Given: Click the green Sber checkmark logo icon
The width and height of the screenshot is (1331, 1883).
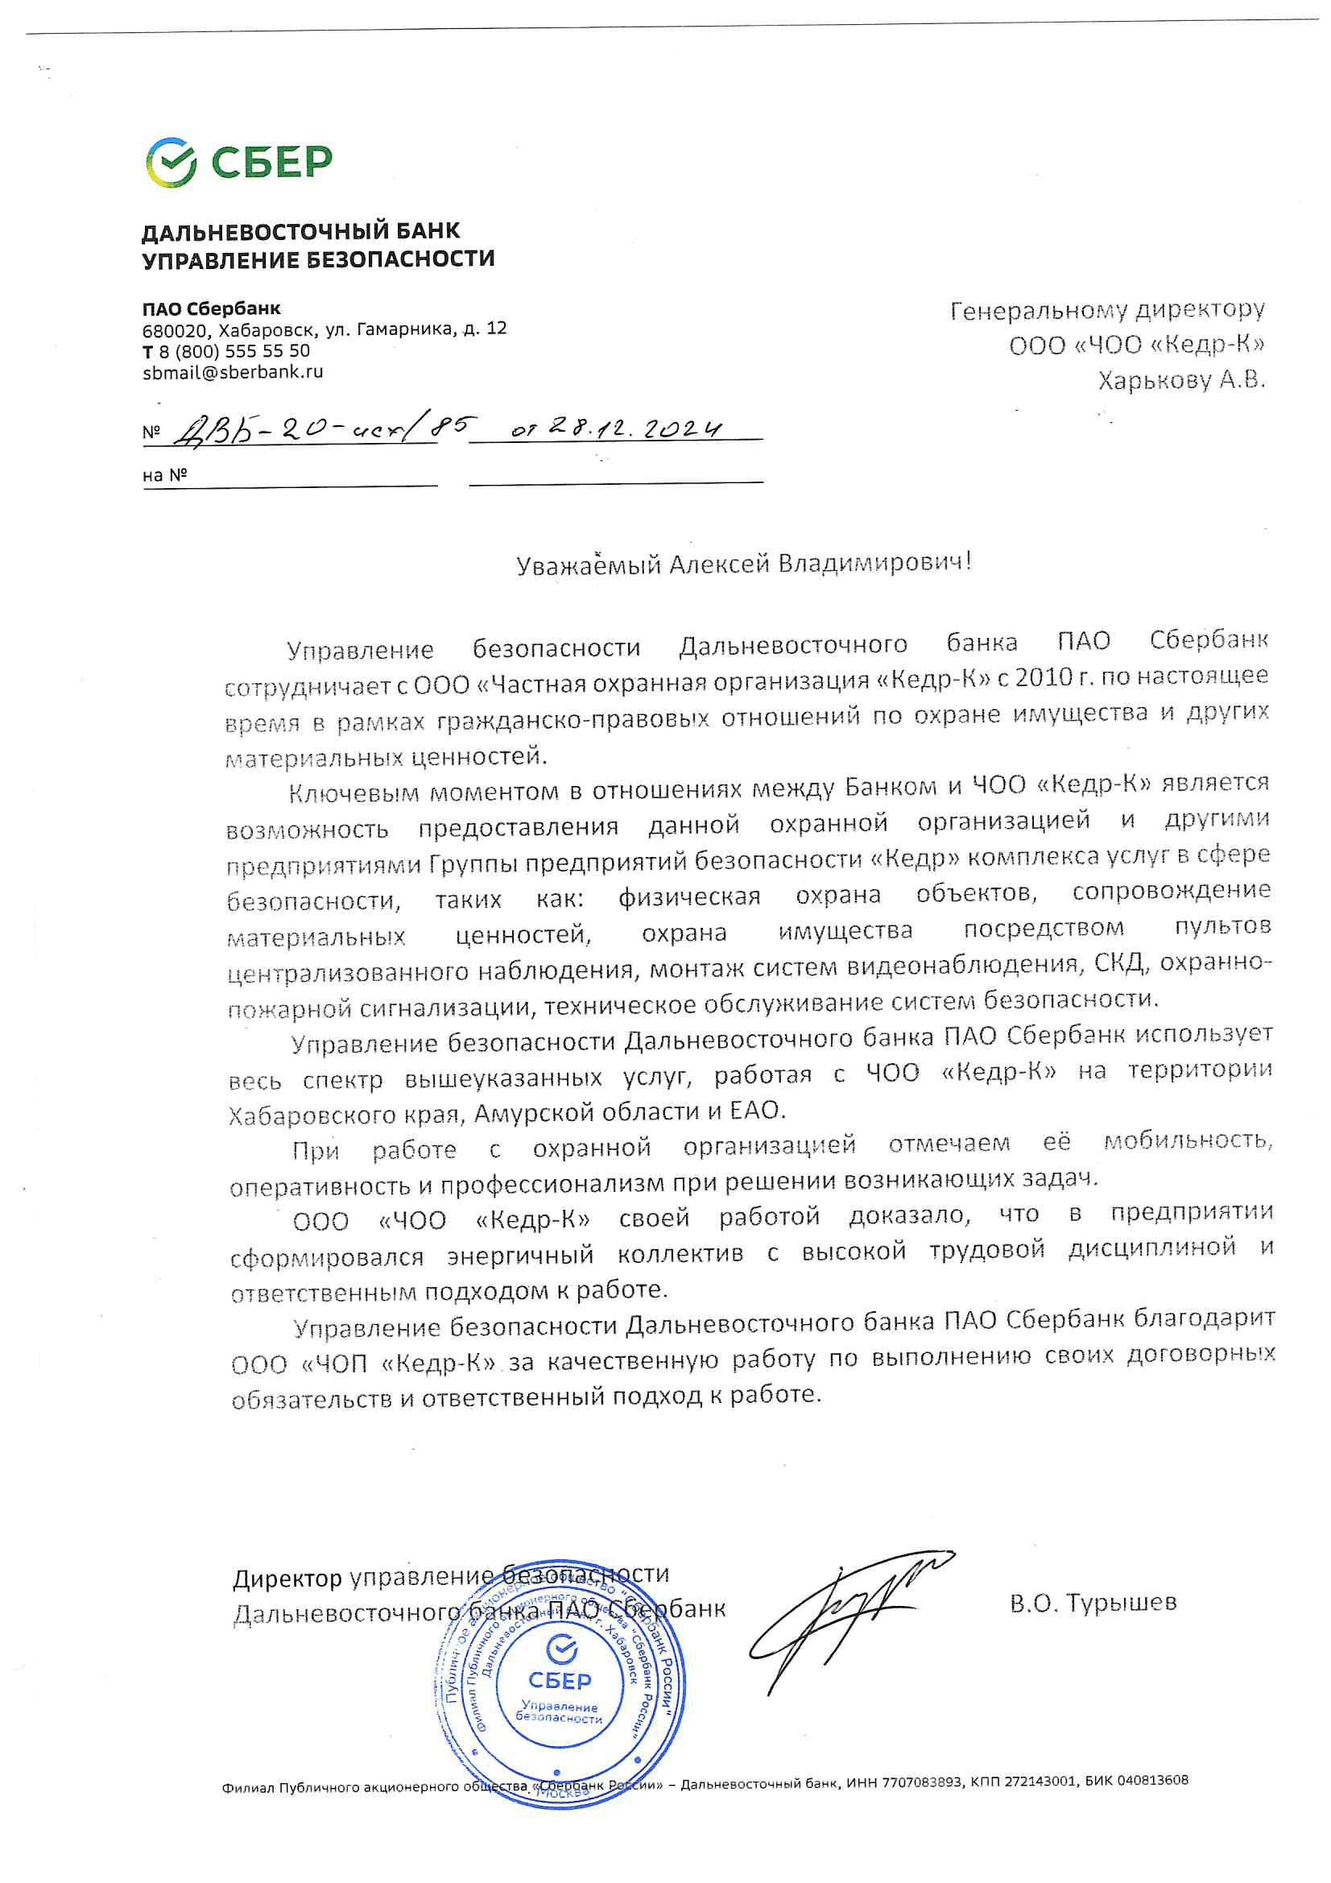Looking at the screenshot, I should [171, 162].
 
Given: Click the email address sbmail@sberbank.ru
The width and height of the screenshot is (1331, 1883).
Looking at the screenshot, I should [233, 372].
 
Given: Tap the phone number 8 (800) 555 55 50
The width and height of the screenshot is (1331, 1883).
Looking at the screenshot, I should [234, 351].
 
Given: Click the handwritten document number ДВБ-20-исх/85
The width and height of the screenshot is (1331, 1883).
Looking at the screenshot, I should [324, 429].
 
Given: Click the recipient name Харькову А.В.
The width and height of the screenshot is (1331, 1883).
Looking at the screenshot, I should [1181, 380].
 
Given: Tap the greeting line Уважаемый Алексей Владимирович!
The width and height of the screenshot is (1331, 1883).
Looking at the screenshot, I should [743, 565].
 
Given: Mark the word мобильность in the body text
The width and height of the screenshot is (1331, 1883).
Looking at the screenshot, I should [1187, 1140].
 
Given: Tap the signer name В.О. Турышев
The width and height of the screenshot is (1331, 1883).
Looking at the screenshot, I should [1093, 1603].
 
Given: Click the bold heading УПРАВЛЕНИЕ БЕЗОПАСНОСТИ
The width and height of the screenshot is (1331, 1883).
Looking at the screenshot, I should [318, 260].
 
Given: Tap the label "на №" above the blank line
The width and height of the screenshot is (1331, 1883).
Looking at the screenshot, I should [165, 475].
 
